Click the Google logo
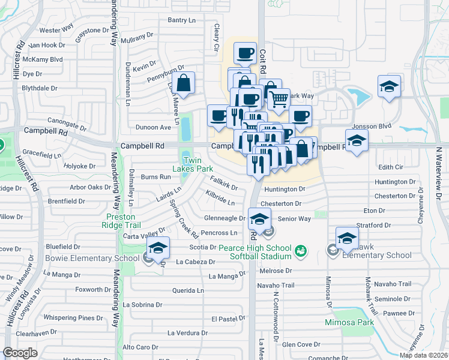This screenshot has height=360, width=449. [x=20, y=353]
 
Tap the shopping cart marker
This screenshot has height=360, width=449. [x=278, y=99]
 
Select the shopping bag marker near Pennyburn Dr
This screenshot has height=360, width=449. [x=184, y=83]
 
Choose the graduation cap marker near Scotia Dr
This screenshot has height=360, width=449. [x=158, y=248]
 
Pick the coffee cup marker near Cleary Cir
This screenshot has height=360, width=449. [x=245, y=54]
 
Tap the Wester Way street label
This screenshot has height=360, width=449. [x=55, y=30]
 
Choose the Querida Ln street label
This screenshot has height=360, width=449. [x=188, y=290]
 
